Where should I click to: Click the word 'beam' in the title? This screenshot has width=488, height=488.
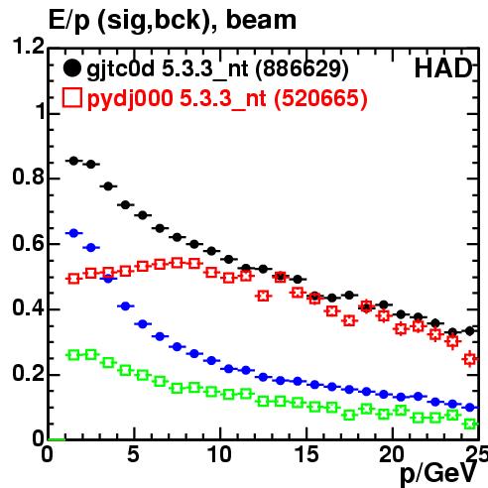pos(261,20)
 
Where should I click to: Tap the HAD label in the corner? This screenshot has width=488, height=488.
pos(443,68)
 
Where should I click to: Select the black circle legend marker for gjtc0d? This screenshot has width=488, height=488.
pos(72,68)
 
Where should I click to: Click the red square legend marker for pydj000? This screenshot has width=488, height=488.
pos(72,98)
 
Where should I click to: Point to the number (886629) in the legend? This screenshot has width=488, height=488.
pos(302,68)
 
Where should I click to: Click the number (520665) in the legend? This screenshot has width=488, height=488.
pos(320,98)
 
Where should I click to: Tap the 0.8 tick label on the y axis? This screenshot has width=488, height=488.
pos(28,177)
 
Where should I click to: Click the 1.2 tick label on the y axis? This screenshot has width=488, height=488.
pos(28,46)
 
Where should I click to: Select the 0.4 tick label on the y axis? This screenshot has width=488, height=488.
pos(28,307)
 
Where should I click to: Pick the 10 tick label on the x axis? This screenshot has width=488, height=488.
pos(219,454)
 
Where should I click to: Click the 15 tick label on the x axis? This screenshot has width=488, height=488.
pos(306,454)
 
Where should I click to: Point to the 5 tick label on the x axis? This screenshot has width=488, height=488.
pos(133,454)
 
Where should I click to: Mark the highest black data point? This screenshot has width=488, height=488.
pos(73,161)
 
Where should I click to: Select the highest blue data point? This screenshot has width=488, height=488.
pos(73,233)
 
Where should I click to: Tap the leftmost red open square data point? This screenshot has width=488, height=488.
pos(73,279)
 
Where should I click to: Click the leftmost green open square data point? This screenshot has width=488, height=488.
pos(73,355)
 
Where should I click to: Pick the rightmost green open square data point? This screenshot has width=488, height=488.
pos(470,424)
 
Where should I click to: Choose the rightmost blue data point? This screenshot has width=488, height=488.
pos(470,408)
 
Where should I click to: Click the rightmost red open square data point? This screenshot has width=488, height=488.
pos(470,359)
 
